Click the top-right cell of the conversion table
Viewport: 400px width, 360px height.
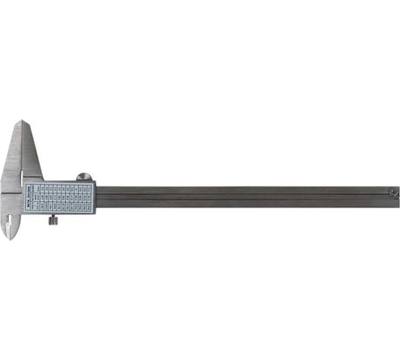(90, 185)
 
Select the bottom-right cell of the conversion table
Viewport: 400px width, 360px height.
(90, 210)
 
